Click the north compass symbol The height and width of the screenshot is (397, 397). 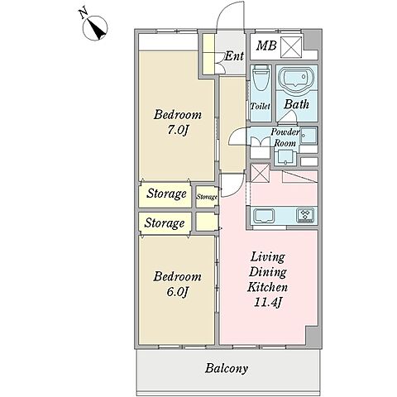pos(95,28)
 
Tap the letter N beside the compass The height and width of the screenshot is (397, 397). pos(84,13)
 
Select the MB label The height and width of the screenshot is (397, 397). pos(266,45)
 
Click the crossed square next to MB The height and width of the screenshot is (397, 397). pos(291,47)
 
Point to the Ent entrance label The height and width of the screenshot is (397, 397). pos(234,56)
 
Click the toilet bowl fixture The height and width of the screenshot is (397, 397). pos(261,78)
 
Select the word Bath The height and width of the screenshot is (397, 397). pos(296,104)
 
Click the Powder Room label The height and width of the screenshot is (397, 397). pos(285,137)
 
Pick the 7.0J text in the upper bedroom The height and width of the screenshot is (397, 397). pos(177,130)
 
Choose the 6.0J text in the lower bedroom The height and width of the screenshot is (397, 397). pos(177,292)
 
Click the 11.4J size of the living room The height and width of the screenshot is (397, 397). pos(267,303)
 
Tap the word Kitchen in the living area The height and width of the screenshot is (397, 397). pos(267,287)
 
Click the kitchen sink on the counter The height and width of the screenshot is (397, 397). pos(264,215)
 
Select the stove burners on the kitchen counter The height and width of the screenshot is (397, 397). pos(305,216)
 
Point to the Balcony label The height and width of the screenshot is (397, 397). pos(227,369)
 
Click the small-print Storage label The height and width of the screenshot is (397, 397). pos(207,197)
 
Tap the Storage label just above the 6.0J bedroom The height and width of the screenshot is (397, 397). pos(165,222)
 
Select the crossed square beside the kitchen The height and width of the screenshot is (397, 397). pos(260,173)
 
